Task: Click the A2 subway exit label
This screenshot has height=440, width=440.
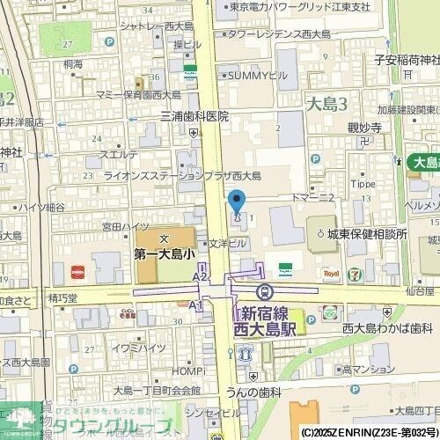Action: click(200, 276)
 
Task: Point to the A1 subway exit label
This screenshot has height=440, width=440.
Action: click(195, 304)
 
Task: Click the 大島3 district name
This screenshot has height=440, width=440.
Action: click(326, 104)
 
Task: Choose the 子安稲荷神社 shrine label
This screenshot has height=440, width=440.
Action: click(406, 60)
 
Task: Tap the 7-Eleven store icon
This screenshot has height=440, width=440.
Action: click(353, 274)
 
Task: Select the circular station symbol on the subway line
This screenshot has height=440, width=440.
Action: click(262, 291)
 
